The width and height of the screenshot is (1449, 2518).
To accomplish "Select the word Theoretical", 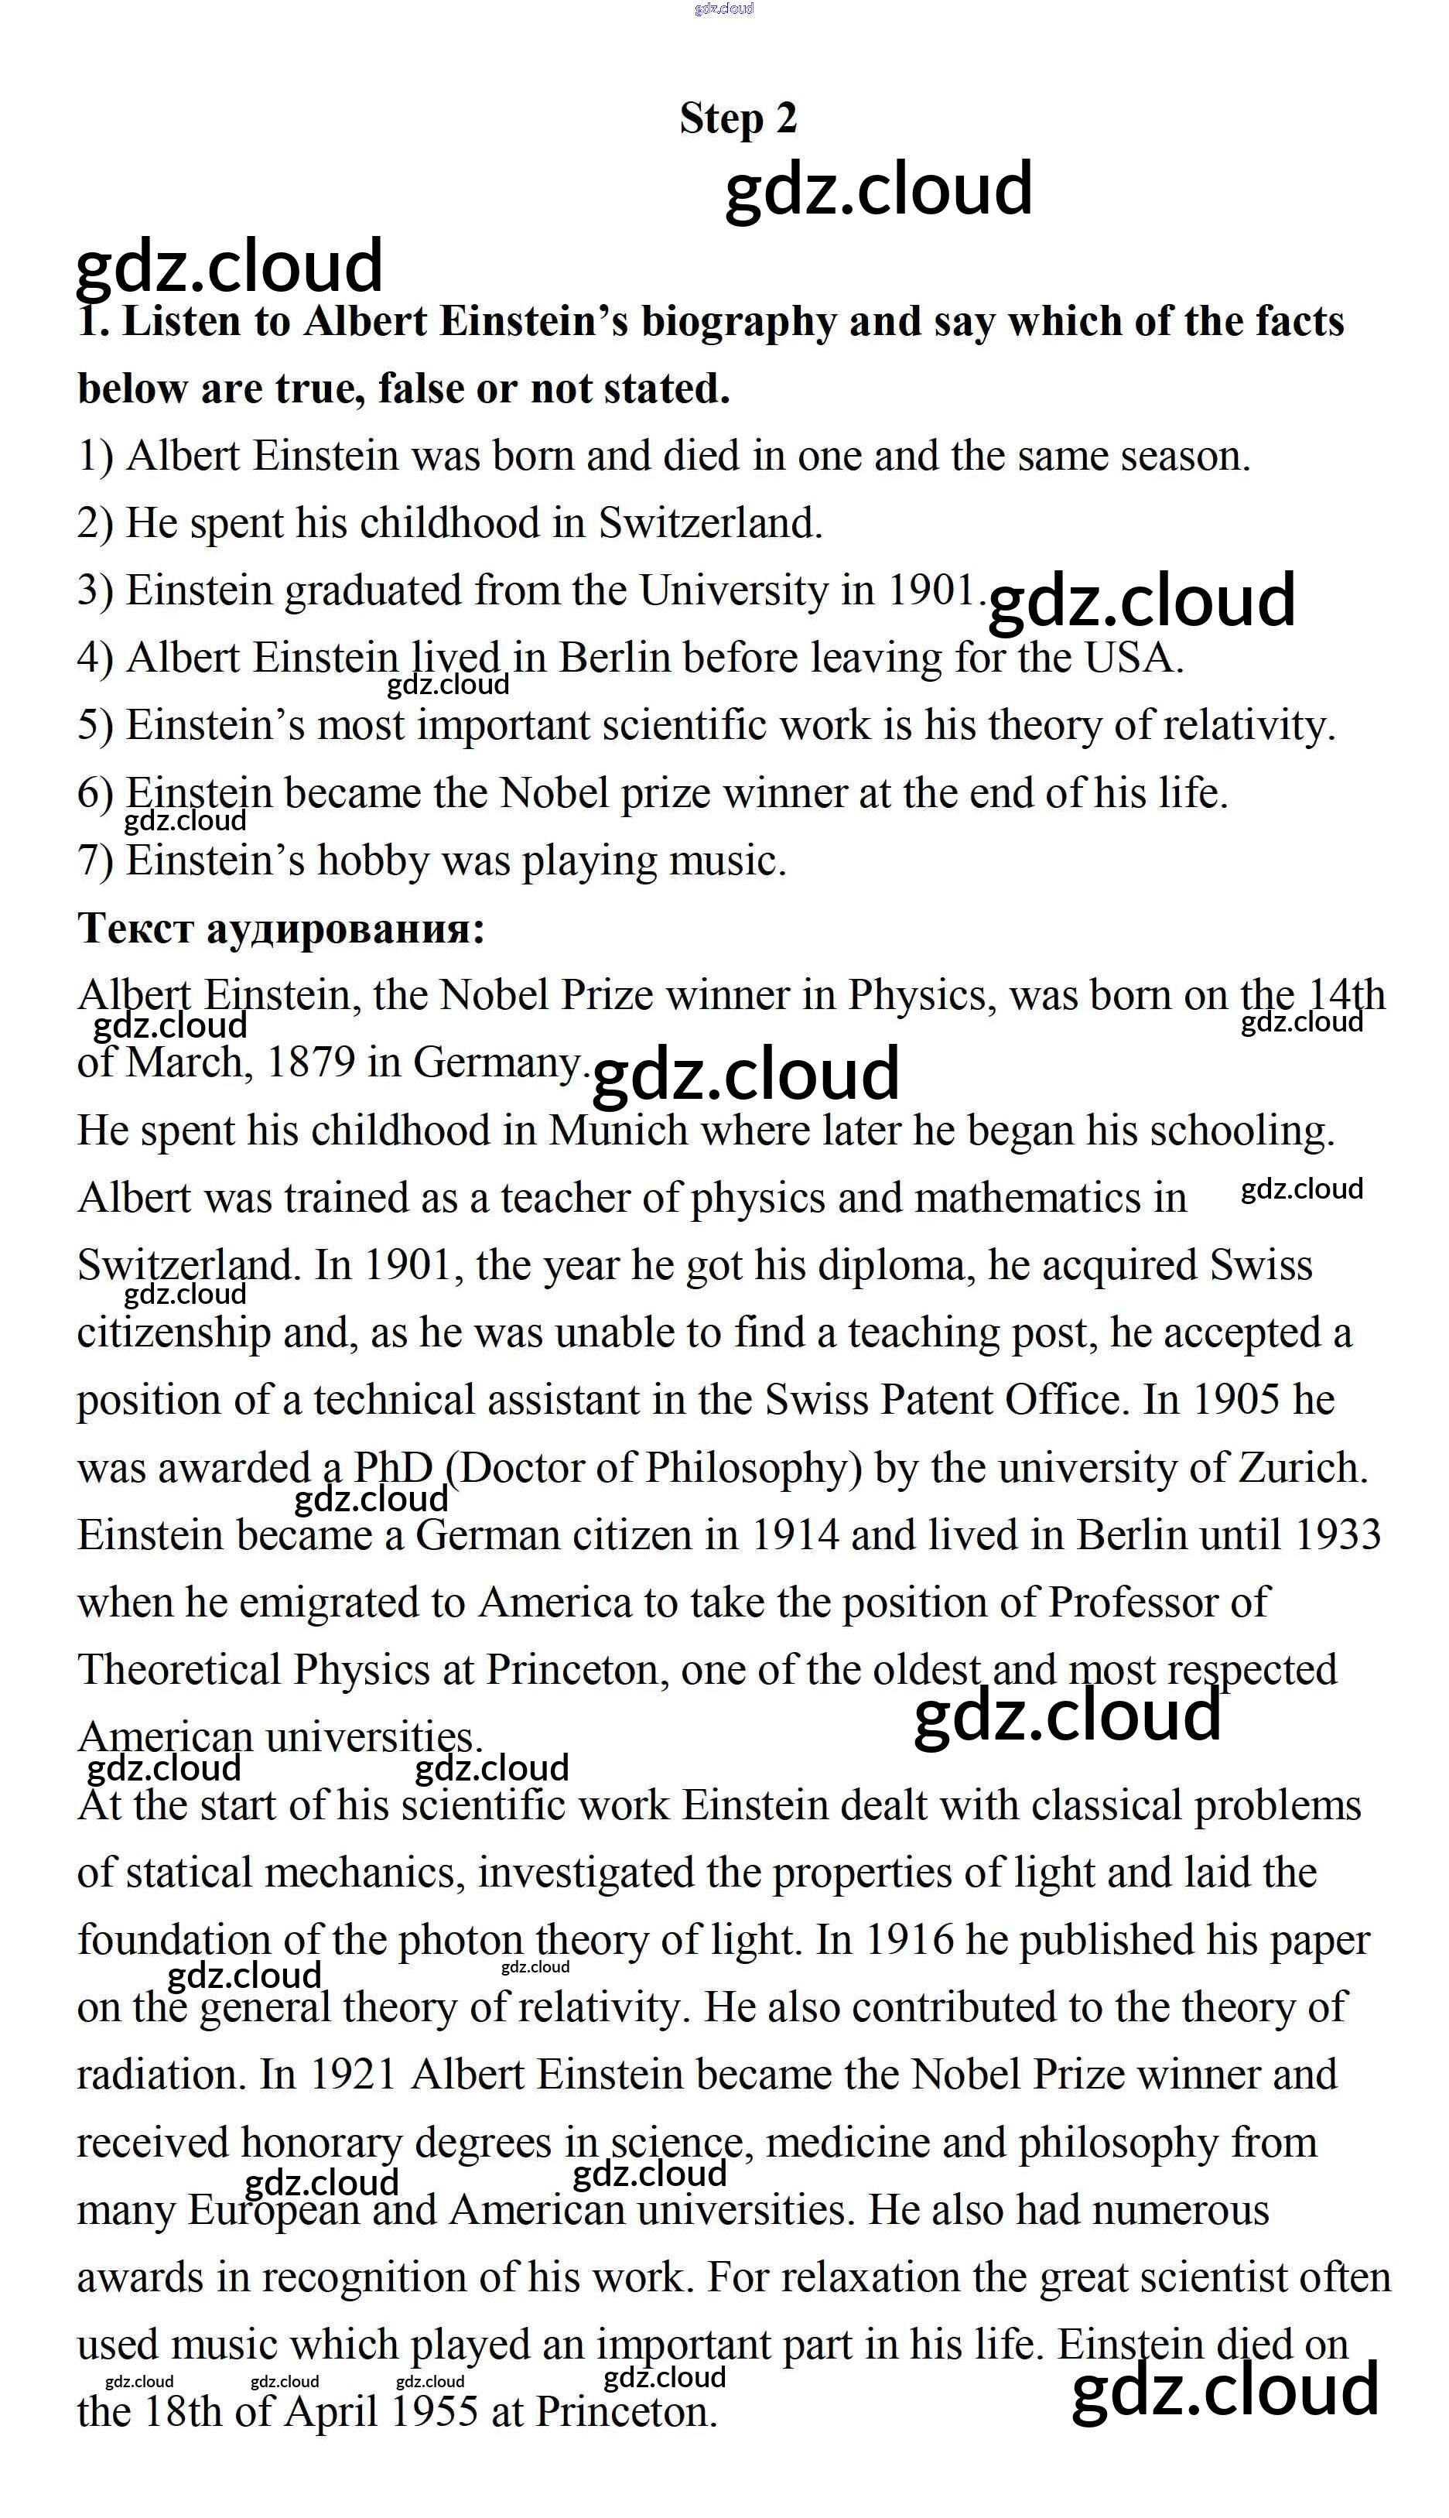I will click(179, 1670).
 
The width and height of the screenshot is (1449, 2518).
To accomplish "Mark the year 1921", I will click(354, 2075).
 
